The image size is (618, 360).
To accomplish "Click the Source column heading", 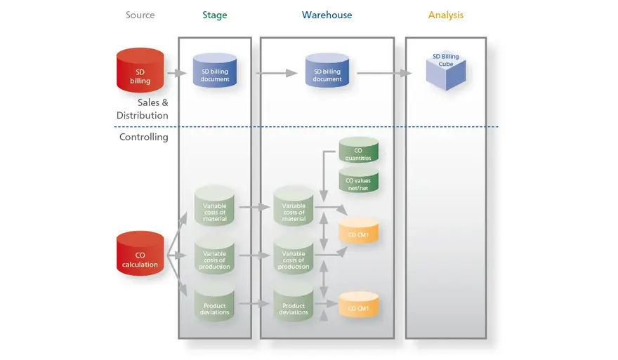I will pos(140,15).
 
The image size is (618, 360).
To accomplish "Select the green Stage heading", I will pos(215,15).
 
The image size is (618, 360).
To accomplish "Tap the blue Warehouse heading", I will pos(327,15).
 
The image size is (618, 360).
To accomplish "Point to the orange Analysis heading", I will pos(445,15).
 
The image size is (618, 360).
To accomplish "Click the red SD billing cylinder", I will pos(140,70).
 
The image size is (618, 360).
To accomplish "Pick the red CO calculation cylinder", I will pos(140,255).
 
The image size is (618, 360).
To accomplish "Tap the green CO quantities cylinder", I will pos(358,151).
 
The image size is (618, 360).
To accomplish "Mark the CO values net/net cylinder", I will pos(358,180).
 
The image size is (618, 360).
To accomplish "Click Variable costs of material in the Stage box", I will pos(214,207).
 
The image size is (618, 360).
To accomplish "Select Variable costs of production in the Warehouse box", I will pos(294,257).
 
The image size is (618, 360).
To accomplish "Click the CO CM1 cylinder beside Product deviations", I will pos(358,305).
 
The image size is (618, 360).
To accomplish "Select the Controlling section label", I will pos(144,138).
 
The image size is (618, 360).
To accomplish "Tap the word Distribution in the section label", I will pos(143,115).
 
